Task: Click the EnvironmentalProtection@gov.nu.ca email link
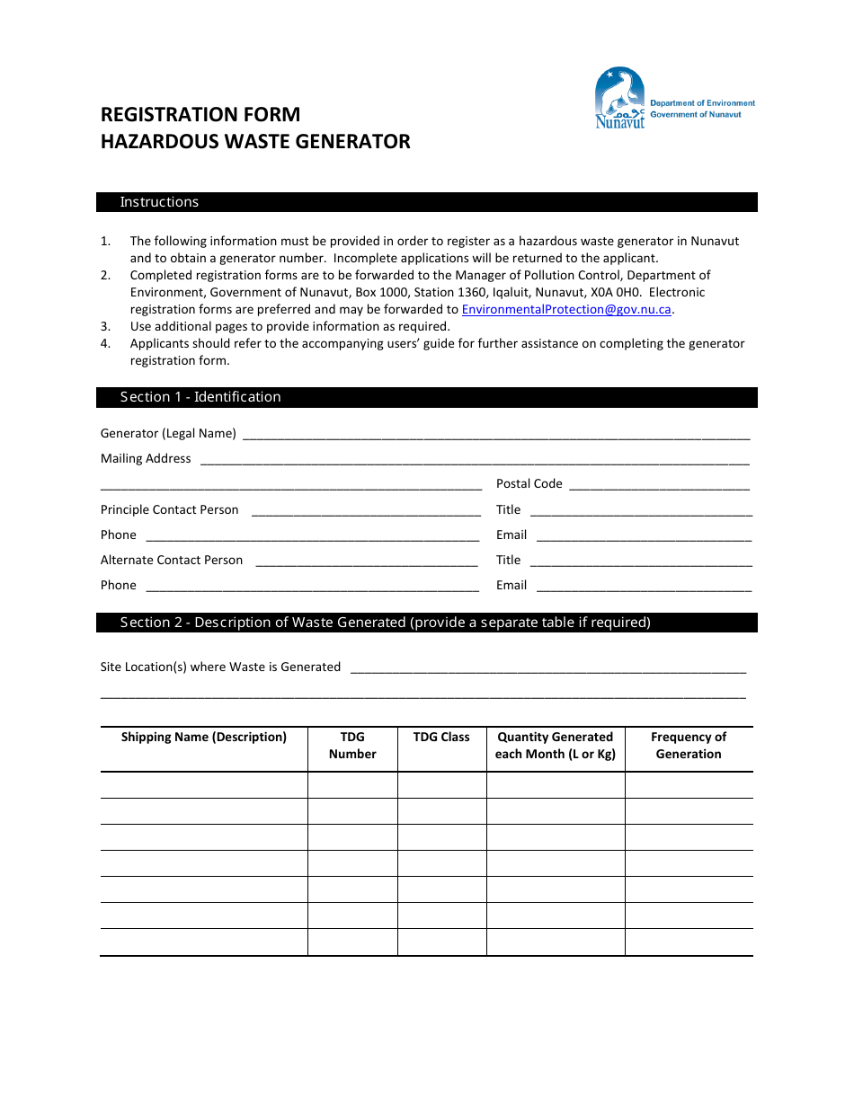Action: click(566, 310)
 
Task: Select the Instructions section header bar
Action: click(426, 202)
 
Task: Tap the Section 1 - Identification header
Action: click(426, 397)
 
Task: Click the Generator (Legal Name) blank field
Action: click(496, 435)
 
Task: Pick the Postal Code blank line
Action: click(659, 485)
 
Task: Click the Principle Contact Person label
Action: click(170, 510)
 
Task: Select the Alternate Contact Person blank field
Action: click(367, 561)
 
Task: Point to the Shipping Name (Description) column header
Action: click(204, 738)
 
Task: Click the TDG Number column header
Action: click(352, 746)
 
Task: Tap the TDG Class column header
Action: click(441, 738)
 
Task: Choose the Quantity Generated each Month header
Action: click(556, 746)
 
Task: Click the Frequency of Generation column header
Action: click(689, 746)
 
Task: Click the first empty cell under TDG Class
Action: click(441, 785)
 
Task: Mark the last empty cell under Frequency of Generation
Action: click(689, 942)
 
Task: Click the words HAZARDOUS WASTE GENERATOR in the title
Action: click(255, 142)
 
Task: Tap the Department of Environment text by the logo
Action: click(702, 103)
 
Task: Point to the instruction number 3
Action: click(105, 327)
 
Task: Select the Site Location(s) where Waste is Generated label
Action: click(220, 667)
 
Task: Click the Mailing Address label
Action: click(146, 459)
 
